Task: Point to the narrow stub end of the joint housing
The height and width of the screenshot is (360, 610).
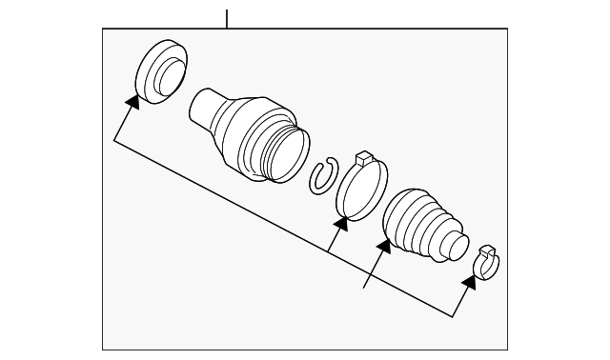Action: (202, 106)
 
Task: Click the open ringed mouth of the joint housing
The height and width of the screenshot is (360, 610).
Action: (285, 152)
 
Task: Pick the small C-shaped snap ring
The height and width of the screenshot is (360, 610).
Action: (322, 176)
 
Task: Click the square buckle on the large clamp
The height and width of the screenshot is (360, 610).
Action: (363, 158)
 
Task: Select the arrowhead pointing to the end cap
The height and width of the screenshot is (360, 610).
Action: (131, 100)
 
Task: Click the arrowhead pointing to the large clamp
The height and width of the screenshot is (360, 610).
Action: (340, 225)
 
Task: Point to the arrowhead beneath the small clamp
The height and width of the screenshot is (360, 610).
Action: (468, 282)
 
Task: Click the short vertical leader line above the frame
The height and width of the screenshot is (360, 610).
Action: (227, 18)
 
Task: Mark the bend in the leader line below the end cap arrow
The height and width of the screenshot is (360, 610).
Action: (113, 141)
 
